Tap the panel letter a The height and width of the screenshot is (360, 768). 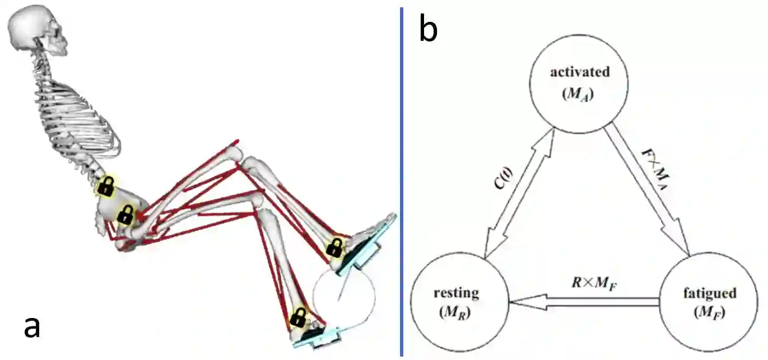tap(32, 326)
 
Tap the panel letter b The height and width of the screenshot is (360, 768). tap(428, 31)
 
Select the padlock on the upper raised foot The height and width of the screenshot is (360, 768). tap(335, 247)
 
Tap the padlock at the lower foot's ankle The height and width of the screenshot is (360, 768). tap(299, 318)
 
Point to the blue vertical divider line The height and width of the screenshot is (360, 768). tap(401, 179)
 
